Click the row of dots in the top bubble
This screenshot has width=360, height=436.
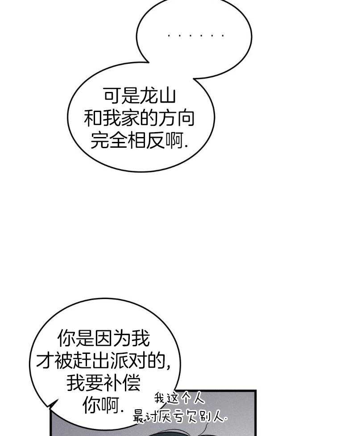tap(196, 36)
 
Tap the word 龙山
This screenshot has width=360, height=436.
tap(157, 96)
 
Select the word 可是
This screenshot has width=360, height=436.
tap(121, 96)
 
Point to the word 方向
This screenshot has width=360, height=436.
tap(176, 118)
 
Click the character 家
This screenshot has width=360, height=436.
tap(130, 118)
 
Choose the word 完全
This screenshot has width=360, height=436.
tap(109, 140)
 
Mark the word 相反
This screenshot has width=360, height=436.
tap(145, 140)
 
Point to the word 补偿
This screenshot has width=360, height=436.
tap(122, 383)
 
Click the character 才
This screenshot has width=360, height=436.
tap(45, 361)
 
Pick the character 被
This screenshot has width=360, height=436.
tap(63, 361)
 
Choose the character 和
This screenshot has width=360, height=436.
tap(93, 118)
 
